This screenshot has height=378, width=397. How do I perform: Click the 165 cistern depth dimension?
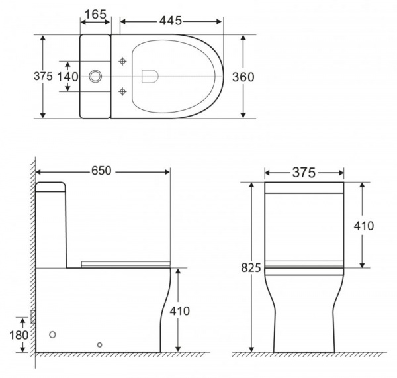[95, 15]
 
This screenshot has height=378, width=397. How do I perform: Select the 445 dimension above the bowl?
[171, 21]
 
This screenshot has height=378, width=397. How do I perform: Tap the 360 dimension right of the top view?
[243, 77]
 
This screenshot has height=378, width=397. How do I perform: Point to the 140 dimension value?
[68, 77]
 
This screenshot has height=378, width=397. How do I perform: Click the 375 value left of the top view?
[43, 76]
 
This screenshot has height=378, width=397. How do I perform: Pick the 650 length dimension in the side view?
[101, 171]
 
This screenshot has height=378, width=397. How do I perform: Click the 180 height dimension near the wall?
[19, 335]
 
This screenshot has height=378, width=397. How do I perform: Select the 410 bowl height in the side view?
[179, 311]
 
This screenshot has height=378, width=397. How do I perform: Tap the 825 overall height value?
[251, 268]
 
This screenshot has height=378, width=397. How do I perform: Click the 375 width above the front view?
[304, 173]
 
